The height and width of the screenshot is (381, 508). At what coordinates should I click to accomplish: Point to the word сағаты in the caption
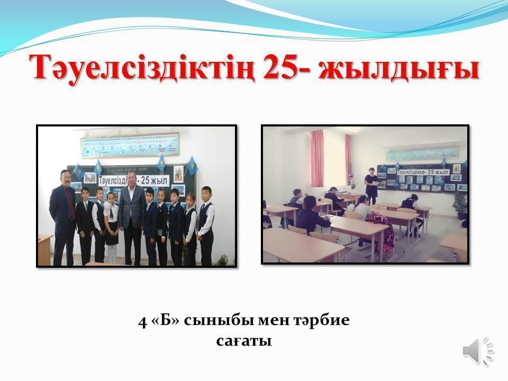coord(244,341)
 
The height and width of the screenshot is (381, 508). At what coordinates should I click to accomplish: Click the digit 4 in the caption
coord(142,321)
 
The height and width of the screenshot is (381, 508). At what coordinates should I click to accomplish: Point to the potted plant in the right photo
coord(460,204)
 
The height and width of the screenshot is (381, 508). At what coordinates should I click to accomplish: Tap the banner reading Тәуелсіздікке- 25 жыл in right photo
coord(416,172)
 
